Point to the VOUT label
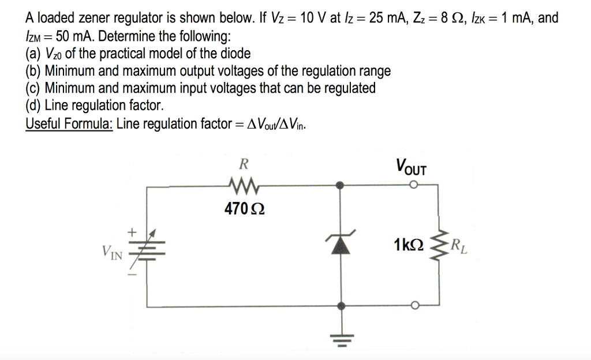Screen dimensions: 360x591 click(x=411, y=167)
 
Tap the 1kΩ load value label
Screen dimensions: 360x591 click(x=409, y=245)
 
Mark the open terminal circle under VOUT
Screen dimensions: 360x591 click(x=413, y=185)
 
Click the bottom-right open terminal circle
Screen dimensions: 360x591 click(x=413, y=306)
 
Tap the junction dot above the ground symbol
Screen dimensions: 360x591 click(x=342, y=306)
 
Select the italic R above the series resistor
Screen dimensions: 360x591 click(x=244, y=164)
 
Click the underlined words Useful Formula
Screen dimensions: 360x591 click(x=69, y=124)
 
